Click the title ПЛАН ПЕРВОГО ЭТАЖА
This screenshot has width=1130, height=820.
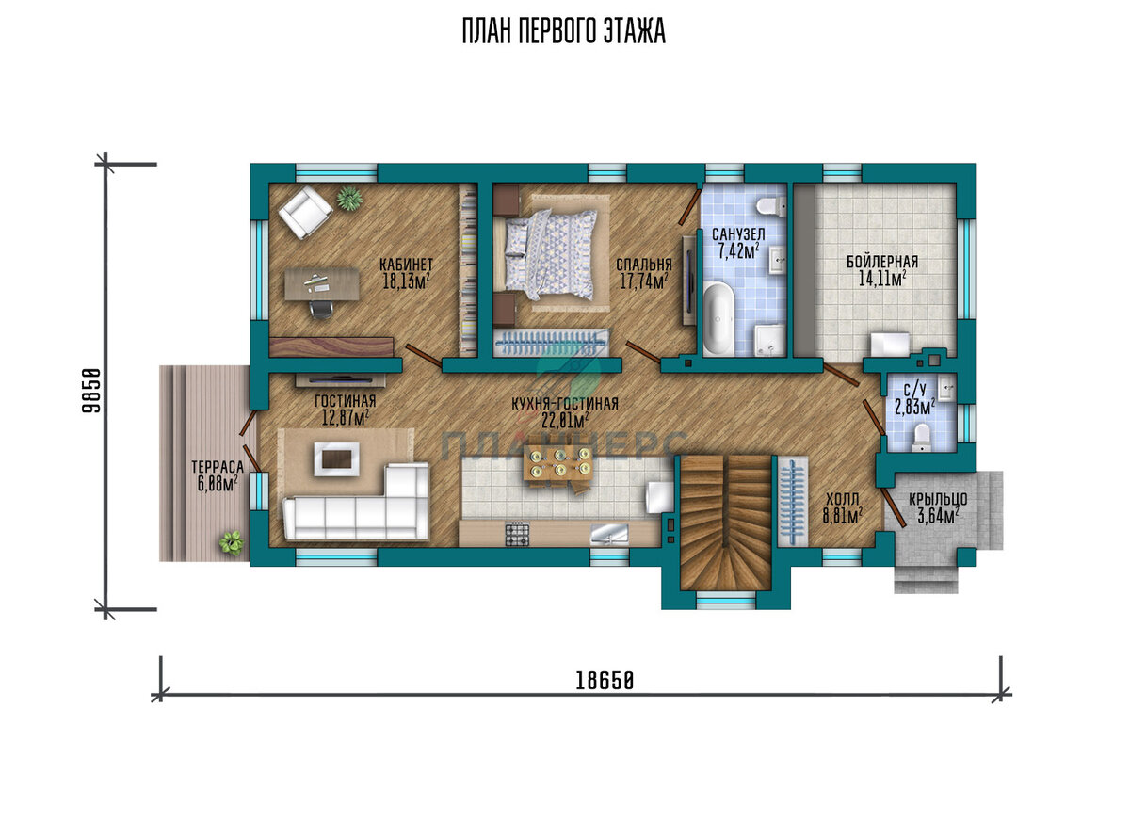(563, 31)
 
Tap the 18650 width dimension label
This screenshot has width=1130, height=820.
(605, 682)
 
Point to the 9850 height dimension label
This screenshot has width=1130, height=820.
(91, 391)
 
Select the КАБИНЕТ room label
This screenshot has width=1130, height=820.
(406, 265)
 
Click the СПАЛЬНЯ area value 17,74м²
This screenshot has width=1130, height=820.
(644, 281)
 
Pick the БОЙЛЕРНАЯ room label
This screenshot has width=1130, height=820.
(882, 262)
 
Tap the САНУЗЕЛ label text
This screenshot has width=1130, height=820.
(738, 234)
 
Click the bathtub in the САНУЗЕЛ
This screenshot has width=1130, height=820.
(718, 319)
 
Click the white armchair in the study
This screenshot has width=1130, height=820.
(306, 213)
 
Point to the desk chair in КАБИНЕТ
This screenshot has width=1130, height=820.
(321, 309)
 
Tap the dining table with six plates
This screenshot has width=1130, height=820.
(557, 462)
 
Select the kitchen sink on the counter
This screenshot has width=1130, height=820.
(609, 534)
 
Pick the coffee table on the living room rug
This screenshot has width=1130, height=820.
(337, 458)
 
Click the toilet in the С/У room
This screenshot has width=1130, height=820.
(922, 437)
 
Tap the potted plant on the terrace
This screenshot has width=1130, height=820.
(232, 542)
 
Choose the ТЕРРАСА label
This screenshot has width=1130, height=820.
(218, 467)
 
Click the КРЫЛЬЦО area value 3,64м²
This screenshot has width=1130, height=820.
(938, 517)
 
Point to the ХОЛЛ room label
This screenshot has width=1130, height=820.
(843, 499)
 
